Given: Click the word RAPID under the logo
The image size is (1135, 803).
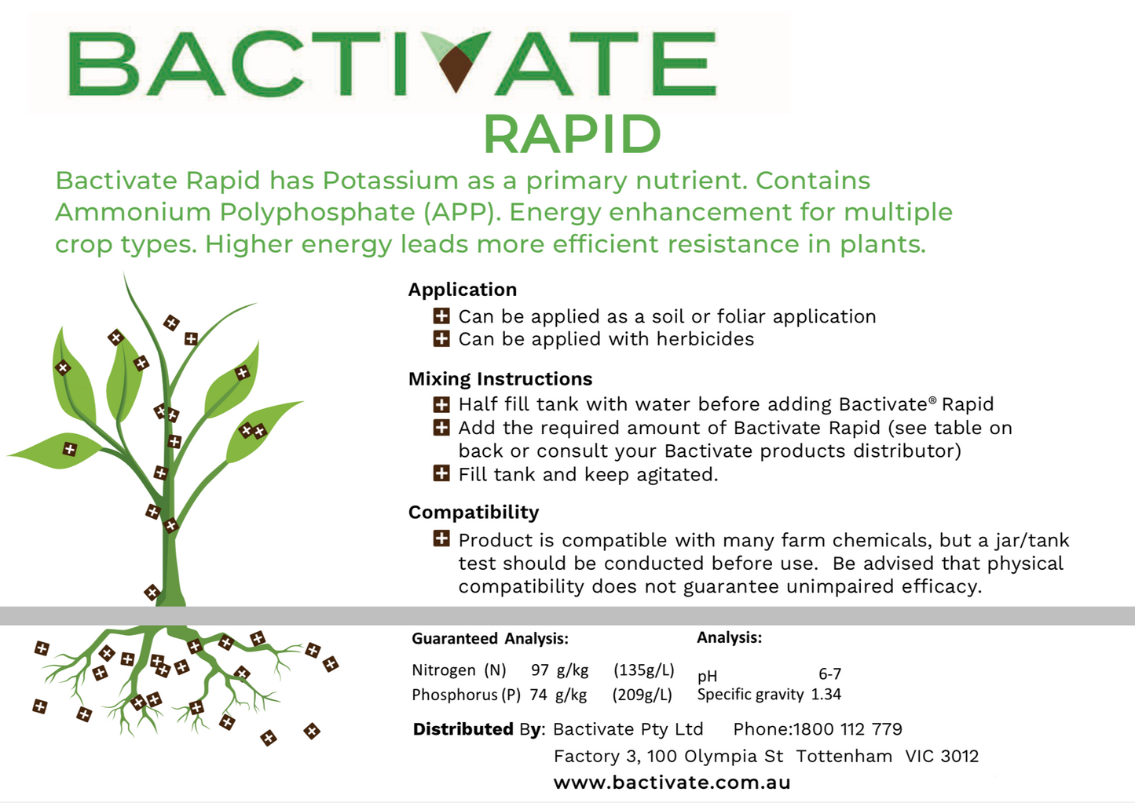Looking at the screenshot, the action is point(573,133).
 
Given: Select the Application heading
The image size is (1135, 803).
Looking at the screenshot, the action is point(463,290).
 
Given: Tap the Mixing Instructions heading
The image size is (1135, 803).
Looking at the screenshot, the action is point(500,378).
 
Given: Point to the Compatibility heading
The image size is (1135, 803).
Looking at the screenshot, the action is point(474,513).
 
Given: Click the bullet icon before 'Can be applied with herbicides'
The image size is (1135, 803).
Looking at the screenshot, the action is point(441,339).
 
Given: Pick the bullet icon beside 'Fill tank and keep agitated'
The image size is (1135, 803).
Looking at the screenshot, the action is point(441,474).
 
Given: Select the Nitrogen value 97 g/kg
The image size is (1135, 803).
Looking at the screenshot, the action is point(560,670).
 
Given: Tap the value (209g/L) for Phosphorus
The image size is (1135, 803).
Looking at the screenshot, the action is point(642,695).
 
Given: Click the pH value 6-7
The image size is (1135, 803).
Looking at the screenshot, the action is point(830,674).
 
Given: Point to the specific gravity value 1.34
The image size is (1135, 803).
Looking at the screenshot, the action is point(826,694).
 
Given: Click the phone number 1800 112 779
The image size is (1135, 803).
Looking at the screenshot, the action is point(848,729).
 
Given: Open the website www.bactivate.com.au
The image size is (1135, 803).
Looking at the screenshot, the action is point(672,783).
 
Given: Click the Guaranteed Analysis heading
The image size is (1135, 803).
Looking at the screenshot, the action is point(490,639).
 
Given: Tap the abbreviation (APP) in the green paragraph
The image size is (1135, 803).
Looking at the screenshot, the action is point(462,212).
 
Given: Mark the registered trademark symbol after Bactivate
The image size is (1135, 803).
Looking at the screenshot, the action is point(933,400).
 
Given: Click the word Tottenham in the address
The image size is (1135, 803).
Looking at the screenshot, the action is point(844,756).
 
